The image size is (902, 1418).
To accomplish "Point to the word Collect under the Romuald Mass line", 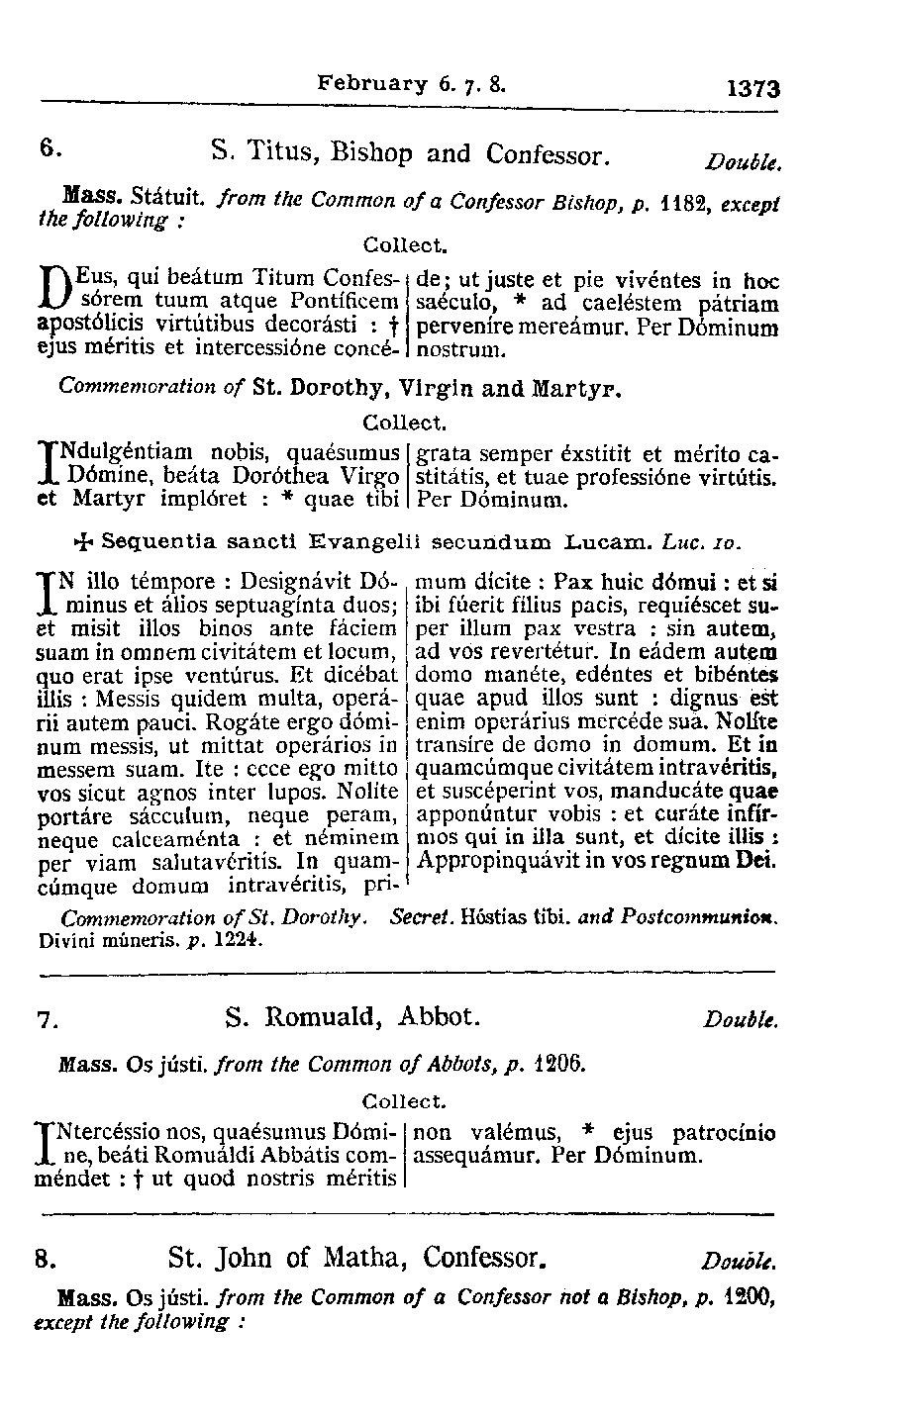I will click(x=406, y=1100).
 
